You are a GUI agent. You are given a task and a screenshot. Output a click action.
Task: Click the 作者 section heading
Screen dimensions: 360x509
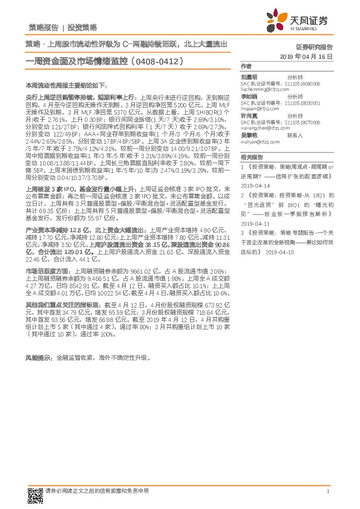pos(246,66)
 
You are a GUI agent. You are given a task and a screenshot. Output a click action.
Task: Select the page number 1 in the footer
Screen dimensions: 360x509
pos(327,493)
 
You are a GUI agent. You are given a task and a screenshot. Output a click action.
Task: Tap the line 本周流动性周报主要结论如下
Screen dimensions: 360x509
pos(63,86)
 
